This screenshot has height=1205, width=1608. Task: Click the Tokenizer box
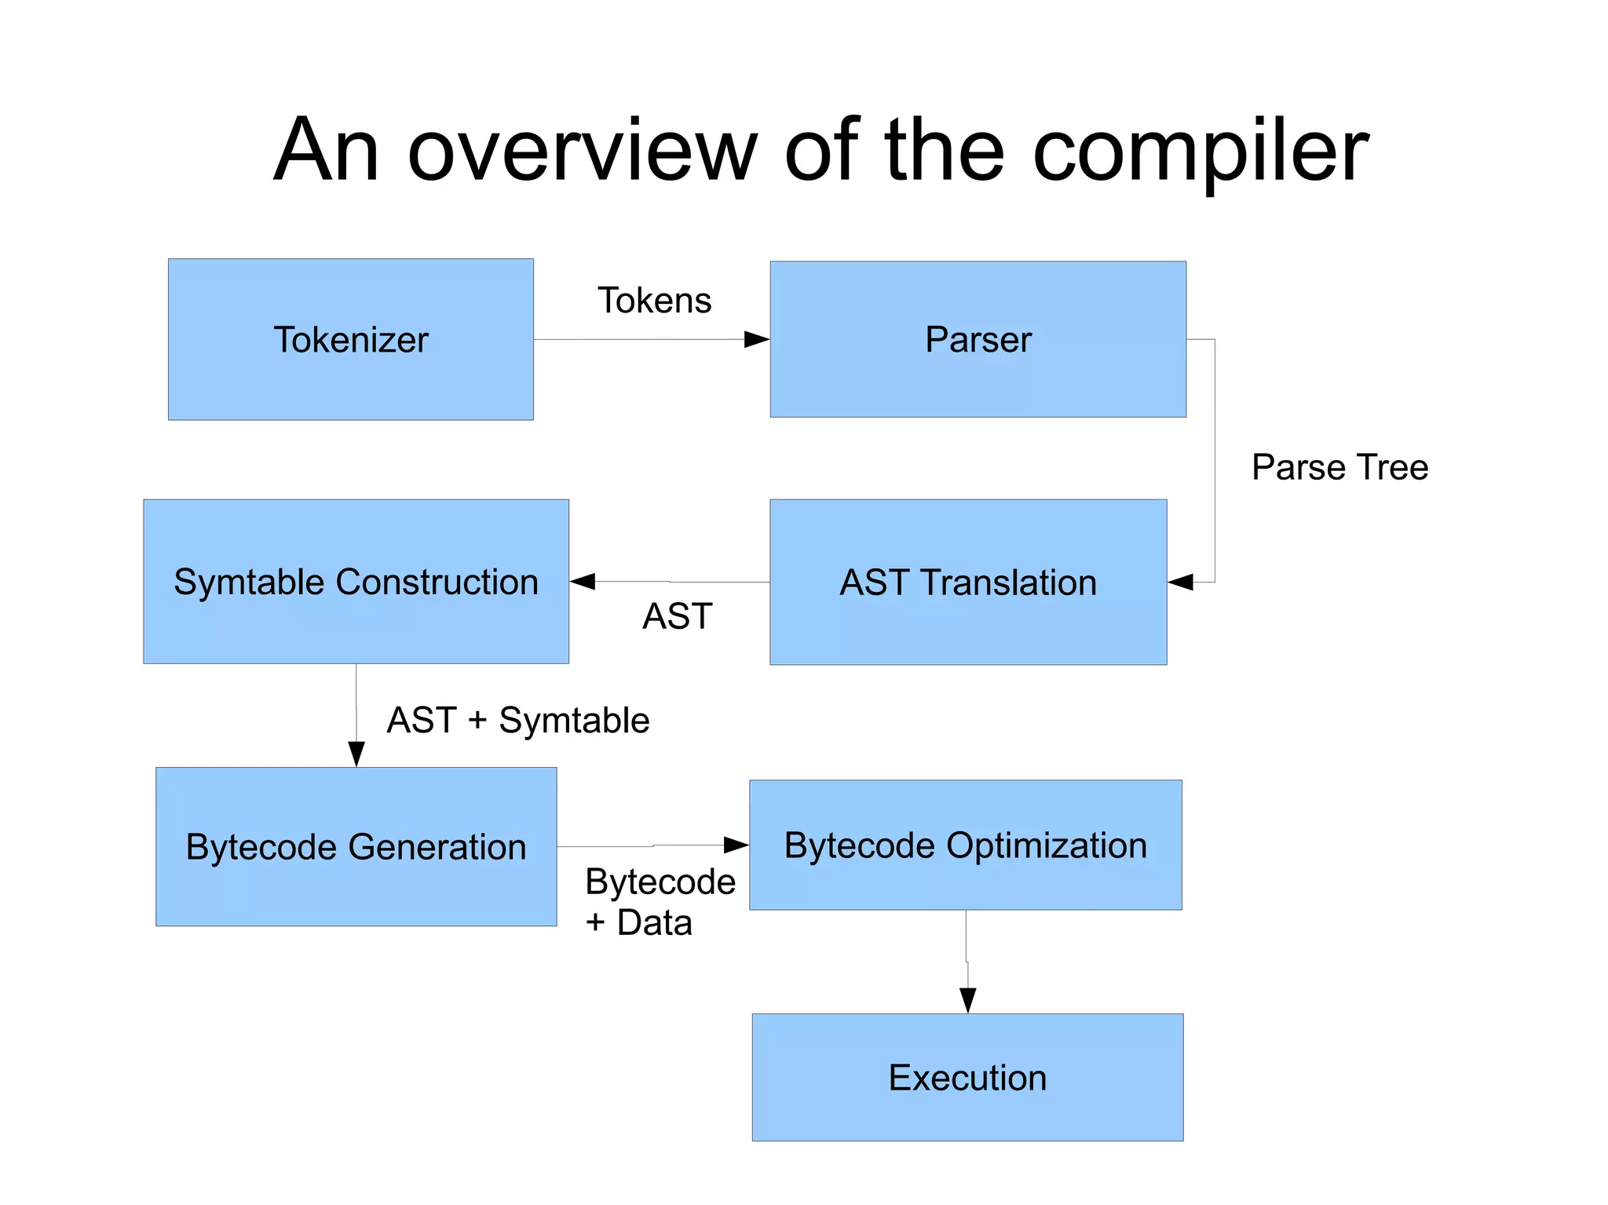(x=350, y=339)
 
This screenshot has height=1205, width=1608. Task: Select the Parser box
(x=978, y=339)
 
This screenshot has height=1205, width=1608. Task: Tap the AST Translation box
(x=967, y=582)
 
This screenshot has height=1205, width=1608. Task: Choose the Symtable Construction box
(x=356, y=582)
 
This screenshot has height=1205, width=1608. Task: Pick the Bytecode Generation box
(x=356, y=847)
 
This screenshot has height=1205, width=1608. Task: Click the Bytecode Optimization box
(x=965, y=845)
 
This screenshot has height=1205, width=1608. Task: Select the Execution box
(x=967, y=1077)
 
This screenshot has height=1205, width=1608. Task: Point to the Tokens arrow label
(x=654, y=301)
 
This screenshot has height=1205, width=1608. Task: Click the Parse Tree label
(x=1339, y=467)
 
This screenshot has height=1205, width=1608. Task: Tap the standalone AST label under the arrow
(x=677, y=616)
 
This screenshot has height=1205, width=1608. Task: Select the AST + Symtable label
(x=518, y=720)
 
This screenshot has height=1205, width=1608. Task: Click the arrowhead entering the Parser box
(x=756, y=339)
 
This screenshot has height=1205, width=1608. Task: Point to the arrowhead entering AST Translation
(x=1181, y=582)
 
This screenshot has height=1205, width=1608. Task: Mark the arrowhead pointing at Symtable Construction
(x=583, y=581)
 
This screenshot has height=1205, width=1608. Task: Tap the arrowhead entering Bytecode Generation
(x=356, y=754)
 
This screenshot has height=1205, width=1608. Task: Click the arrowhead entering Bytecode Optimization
(x=736, y=845)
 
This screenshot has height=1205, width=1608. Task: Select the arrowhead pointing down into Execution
(x=967, y=1000)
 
